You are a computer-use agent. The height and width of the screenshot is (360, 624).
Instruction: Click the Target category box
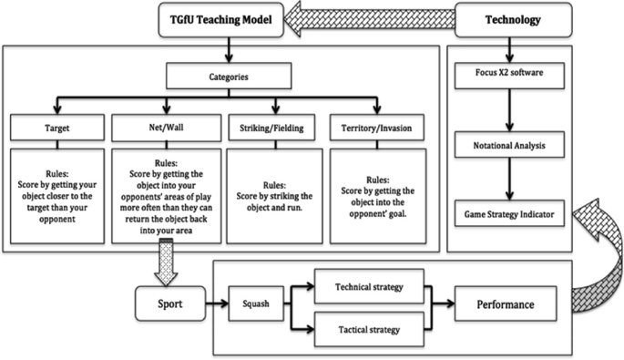coord(57,128)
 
